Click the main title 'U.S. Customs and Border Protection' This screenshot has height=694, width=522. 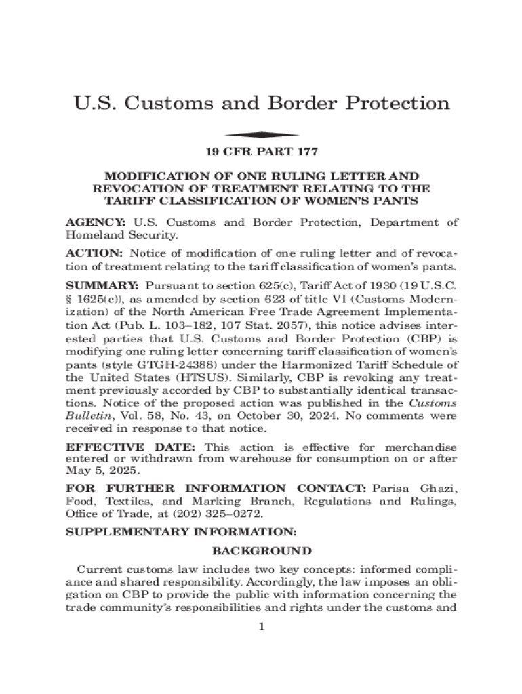click(x=261, y=104)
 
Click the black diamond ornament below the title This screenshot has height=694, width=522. click(x=261, y=134)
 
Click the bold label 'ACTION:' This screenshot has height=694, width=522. click(x=94, y=253)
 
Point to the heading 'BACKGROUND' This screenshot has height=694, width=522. click(x=262, y=550)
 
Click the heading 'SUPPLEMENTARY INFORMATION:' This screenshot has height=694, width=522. click(x=180, y=533)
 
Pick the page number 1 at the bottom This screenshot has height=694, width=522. click(x=261, y=626)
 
